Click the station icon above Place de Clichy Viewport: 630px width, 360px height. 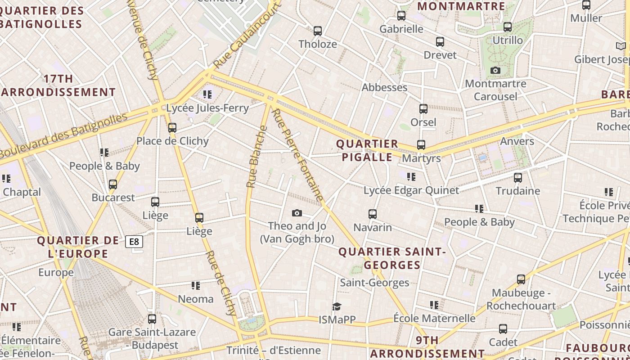pos(172,128)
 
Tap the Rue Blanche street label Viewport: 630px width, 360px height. pos(257,157)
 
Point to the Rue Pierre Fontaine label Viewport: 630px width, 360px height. pos(298,155)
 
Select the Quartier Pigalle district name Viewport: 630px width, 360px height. pos(367,150)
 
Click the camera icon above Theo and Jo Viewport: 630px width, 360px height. pos(297,213)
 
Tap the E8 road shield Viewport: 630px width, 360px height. pos(134,242)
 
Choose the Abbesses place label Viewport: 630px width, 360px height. pos(384,87)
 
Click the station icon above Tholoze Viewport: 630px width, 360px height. pos(318,31)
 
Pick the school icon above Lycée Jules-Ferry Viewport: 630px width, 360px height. pos(207,94)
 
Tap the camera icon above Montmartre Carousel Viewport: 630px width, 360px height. pos(495,71)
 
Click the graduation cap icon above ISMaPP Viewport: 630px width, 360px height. pos(337,306)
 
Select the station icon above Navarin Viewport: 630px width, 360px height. pos(373,214)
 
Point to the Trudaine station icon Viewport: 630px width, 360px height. pos(518,178)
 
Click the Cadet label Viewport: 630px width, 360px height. pos(503,342)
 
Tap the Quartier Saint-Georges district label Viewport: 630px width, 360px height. pos(392,258)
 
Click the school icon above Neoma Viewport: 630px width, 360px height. pos(196,286)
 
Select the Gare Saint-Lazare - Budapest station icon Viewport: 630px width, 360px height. pos(152,319)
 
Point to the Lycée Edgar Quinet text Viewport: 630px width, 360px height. pos(411,190)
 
